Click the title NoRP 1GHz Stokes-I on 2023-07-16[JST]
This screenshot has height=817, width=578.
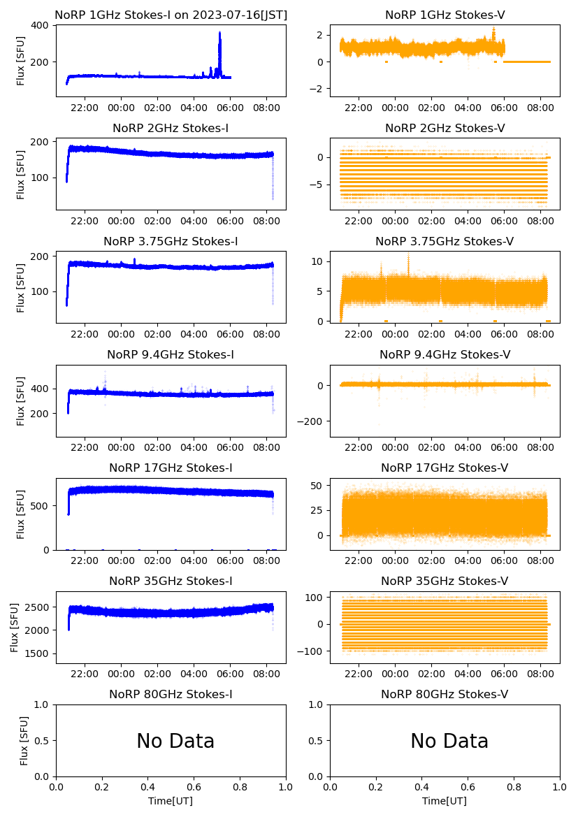click(x=171, y=15)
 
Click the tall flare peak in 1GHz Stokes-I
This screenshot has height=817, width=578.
click(x=219, y=34)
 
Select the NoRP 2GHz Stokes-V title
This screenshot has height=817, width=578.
click(x=445, y=128)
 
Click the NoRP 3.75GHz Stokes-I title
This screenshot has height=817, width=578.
click(x=171, y=241)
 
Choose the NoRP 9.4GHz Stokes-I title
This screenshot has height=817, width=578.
click(x=171, y=354)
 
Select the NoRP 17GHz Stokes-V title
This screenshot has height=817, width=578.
click(x=445, y=468)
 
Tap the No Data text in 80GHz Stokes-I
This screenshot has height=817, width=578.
click(x=175, y=741)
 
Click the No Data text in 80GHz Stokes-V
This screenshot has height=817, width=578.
click(x=449, y=741)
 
